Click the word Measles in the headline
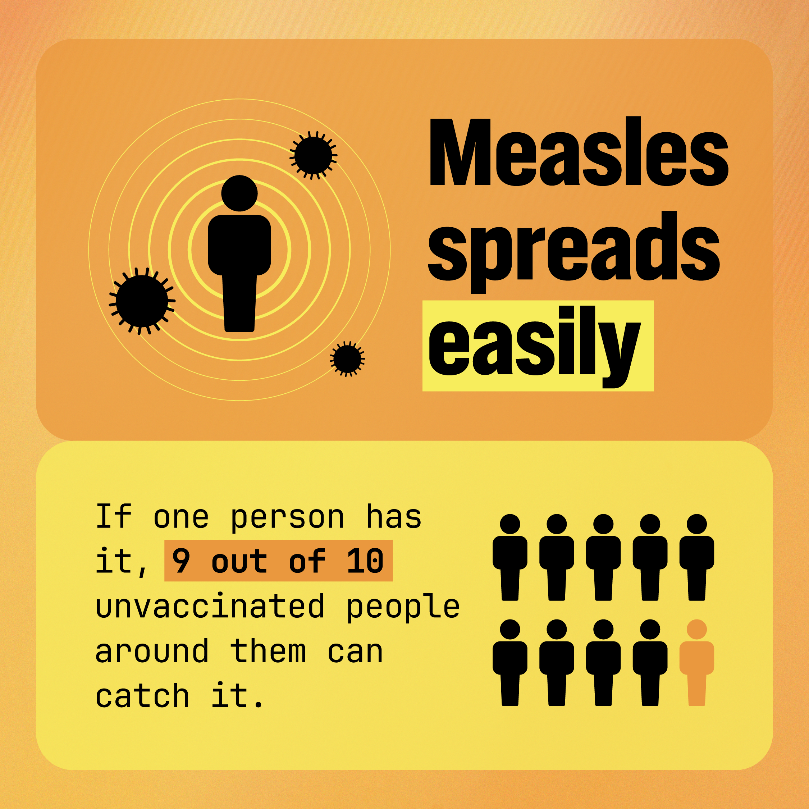point(578,153)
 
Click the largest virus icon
point(142,301)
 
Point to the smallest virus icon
point(347,358)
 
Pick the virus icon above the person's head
point(313,155)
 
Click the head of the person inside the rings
point(239,193)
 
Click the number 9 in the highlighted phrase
point(181,561)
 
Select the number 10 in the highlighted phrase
point(365,561)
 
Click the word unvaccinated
point(210,606)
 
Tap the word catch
point(142,696)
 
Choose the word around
point(152,651)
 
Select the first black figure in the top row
point(509,557)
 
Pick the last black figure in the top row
point(696,557)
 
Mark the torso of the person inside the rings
point(239,245)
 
